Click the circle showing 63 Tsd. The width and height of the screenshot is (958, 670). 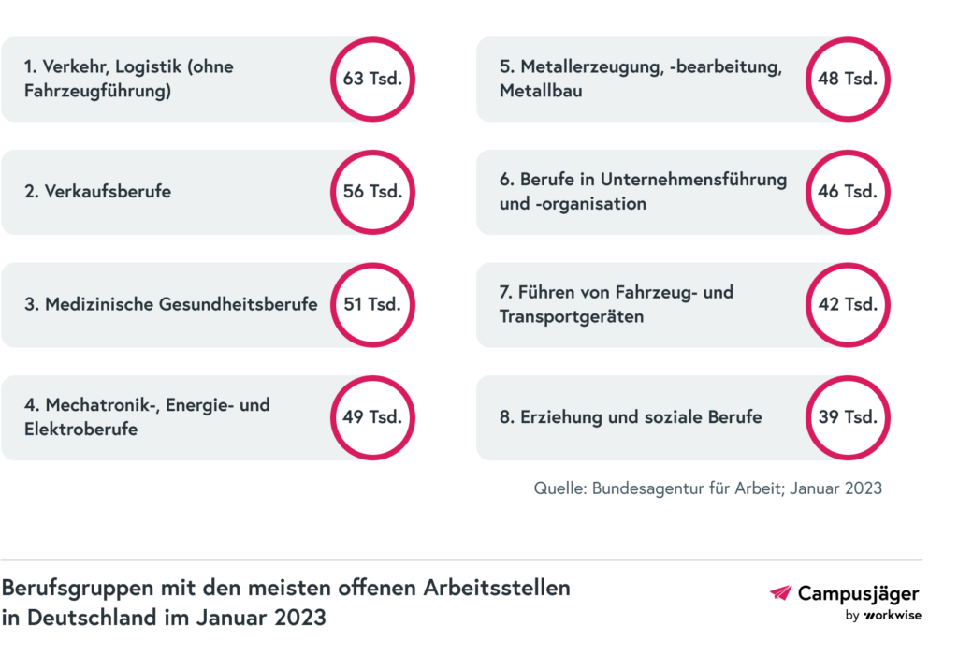[x=372, y=80]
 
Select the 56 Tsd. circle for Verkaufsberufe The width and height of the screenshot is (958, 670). [x=372, y=192]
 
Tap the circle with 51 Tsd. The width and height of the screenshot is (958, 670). [x=372, y=304]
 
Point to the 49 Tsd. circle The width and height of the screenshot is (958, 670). [x=372, y=417]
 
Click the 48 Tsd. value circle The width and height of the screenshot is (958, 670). [x=848, y=80]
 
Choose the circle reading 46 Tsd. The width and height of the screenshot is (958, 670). [x=848, y=192]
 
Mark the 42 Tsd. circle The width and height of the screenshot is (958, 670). [x=848, y=304]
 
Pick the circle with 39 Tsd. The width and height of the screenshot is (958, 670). [x=848, y=417]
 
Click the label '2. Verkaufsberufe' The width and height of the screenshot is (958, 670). [x=98, y=192]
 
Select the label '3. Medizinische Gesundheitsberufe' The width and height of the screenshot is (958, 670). [x=171, y=304]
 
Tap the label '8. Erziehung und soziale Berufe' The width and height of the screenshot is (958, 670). [x=631, y=417]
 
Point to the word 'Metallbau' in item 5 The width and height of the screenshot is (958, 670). [x=541, y=92]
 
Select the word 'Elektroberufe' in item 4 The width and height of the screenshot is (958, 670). [x=81, y=430]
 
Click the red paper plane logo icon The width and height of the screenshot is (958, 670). [x=780, y=592]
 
